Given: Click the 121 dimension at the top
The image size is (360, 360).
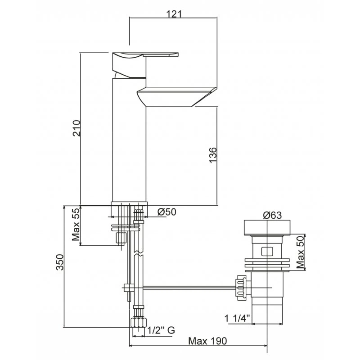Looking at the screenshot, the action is pos(174,14).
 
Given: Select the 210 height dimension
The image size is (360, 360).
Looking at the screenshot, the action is pos(76,128).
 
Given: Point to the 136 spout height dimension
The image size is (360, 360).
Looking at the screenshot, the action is pos(213,155).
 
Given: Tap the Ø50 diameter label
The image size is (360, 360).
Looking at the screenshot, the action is pos(167,212).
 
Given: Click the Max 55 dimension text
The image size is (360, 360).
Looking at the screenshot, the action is pos(76,225).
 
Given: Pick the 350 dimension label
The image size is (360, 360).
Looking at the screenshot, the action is pos(60,262).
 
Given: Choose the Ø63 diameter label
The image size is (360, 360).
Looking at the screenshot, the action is pos(272,215).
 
